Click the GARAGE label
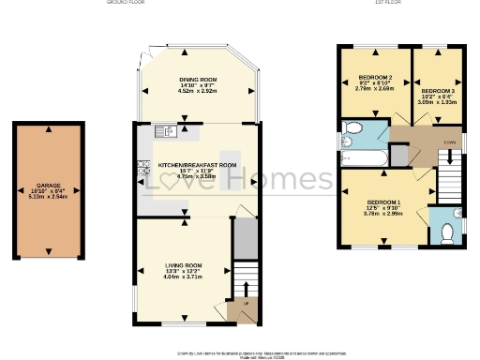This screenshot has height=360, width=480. coord(49,186)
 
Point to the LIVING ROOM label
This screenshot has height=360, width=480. coord(183,265)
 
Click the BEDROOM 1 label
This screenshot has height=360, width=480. coord(382,202)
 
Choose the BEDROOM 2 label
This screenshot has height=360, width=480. coord(374,76)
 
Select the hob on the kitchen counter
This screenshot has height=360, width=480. coord(145,169)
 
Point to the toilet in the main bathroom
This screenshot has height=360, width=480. coord(351,130)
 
